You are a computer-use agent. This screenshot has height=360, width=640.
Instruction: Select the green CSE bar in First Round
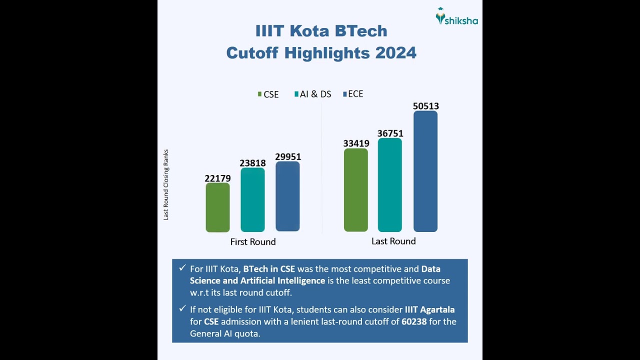[x=217, y=207]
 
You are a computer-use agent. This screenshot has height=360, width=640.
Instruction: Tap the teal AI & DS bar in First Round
[x=252, y=200]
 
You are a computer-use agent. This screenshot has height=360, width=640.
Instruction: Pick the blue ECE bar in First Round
[x=287, y=196]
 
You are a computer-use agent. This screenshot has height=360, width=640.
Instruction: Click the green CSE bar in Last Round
[x=355, y=190]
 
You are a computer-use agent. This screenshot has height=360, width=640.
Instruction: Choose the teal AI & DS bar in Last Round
[x=390, y=185]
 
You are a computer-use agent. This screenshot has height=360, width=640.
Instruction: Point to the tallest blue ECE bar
[x=425, y=171]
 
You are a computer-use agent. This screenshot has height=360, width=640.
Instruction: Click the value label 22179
[x=217, y=178]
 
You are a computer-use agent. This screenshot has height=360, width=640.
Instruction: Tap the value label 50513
[x=426, y=106]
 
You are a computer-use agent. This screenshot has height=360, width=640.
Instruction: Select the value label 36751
[x=390, y=133]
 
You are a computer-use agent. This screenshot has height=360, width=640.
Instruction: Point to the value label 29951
[x=288, y=157]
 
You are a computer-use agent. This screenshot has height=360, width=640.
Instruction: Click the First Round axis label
[x=253, y=242]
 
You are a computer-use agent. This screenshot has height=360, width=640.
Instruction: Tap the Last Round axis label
[x=393, y=241]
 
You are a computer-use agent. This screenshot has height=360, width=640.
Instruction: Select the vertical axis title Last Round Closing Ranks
[x=166, y=185]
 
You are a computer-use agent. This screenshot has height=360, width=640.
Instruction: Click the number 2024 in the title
[x=395, y=53]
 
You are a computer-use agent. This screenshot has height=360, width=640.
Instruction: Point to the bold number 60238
[x=414, y=321]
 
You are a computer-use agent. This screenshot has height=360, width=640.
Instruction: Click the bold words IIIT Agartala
[x=429, y=310]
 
